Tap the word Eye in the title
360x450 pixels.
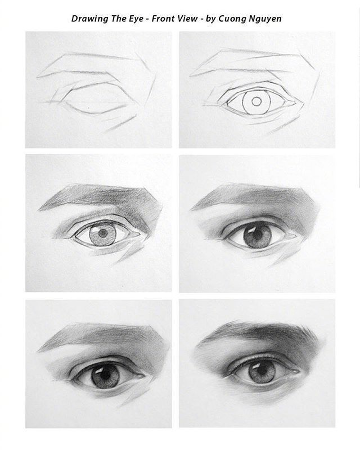(136, 19)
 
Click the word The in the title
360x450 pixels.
(117, 19)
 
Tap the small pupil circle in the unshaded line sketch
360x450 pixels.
(256, 102)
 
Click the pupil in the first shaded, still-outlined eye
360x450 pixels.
(102, 232)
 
